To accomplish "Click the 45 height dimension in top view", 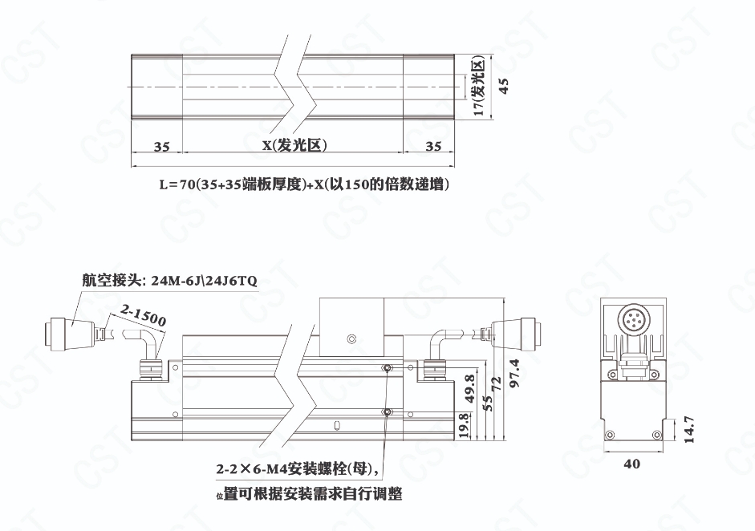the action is pyautogui.click(x=504, y=86).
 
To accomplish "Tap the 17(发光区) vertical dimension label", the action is pyautogui.click(x=479, y=86).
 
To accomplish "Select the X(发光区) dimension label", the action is pyautogui.click(x=294, y=145).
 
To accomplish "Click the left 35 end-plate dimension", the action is pyautogui.click(x=162, y=146).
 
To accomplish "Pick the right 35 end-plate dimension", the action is pyautogui.click(x=433, y=146).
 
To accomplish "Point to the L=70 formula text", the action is pyautogui.click(x=304, y=184).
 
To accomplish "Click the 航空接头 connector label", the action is pyautogui.click(x=169, y=280).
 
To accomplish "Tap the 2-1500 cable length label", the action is pyautogui.click(x=144, y=315).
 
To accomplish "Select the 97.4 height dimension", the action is pyautogui.click(x=514, y=374).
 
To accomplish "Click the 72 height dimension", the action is pyautogui.click(x=497, y=383).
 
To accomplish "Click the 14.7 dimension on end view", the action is pyautogui.click(x=689, y=429).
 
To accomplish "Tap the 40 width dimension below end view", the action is pyautogui.click(x=631, y=464).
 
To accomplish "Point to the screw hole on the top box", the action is pyautogui.click(x=352, y=339).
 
